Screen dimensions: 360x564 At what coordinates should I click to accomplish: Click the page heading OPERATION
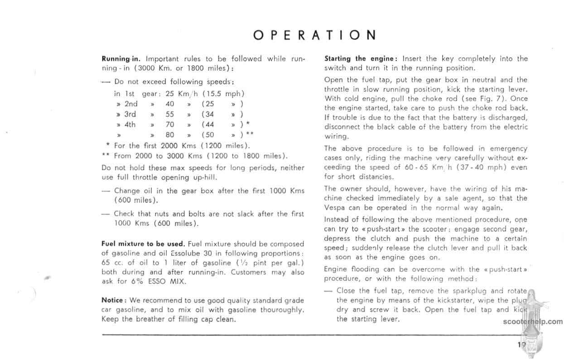(x=315, y=35)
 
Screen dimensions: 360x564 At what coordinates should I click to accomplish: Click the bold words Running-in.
(x=121, y=59)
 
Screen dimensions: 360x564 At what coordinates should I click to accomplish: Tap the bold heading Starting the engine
(x=361, y=58)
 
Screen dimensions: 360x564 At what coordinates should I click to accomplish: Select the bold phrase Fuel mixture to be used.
(x=143, y=244)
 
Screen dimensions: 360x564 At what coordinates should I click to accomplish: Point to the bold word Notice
(x=112, y=300)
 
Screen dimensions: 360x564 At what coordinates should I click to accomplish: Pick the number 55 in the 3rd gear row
(x=170, y=114)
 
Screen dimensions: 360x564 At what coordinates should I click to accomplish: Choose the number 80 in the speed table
(x=170, y=134)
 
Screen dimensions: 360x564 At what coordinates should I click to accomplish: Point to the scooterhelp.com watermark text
(x=532, y=322)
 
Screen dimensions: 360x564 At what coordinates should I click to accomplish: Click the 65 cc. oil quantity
(x=112, y=263)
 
